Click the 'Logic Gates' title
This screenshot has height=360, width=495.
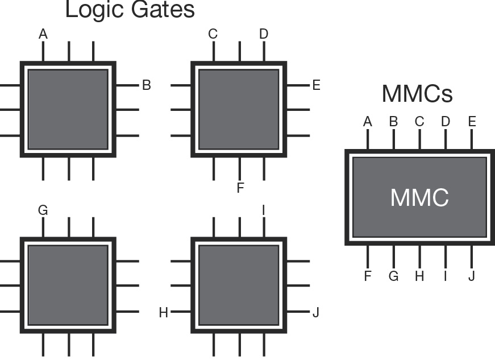[130, 10]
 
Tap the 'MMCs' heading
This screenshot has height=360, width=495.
[417, 94]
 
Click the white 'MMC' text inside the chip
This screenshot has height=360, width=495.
[419, 197]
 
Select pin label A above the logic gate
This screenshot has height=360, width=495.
[43, 34]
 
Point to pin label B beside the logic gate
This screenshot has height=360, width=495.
[147, 85]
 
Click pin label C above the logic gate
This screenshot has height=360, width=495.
[213, 34]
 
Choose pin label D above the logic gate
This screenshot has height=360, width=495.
[264, 34]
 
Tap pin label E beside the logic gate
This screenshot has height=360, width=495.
[317, 85]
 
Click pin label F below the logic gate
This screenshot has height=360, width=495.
[240, 188]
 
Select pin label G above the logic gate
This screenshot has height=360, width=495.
[43, 210]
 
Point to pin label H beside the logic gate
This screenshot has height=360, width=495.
[164, 313]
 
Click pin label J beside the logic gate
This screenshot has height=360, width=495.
[316, 313]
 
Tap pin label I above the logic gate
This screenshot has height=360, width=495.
[264, 210]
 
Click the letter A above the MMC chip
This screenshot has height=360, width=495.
[368, 122]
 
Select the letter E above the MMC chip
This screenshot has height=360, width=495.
[472, 122]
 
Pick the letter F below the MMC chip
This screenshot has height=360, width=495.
[368, 276]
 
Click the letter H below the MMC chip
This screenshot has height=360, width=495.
[419, 276]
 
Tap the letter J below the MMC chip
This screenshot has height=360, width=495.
[472, 276]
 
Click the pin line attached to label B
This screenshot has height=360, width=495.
[127, 85]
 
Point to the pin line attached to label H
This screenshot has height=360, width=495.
[181, 312]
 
